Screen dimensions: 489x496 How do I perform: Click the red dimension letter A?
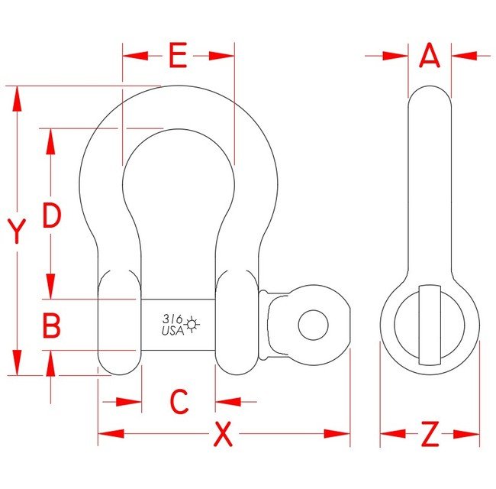click(x=430, y=56)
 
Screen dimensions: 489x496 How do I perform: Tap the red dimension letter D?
click(x=51, y=216)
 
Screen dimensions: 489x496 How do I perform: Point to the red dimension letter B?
click(x=51, y=326)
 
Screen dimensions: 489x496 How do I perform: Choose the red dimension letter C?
click(x=179, y=401)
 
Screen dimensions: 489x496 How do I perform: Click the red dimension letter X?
click(x=222, y=434)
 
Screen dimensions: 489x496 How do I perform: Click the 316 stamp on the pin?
click(x=172, y=320)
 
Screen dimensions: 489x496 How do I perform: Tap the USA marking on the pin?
click(x=171, y=331)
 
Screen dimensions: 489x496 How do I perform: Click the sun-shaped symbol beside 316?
click(x=191, y=325)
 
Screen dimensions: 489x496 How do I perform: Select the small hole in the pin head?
click(x=311, y=325)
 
